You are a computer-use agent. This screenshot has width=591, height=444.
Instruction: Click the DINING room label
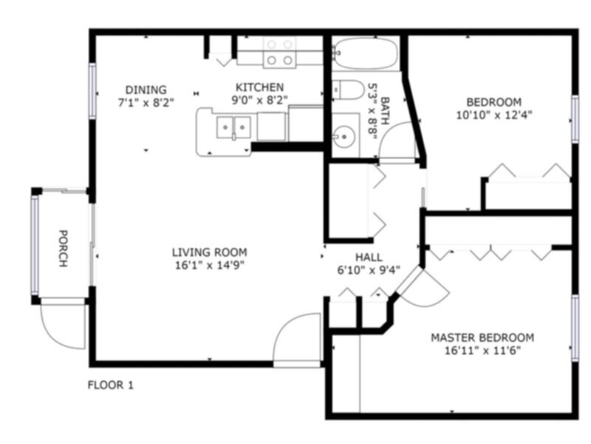146,90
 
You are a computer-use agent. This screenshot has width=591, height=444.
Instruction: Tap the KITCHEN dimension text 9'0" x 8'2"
259,100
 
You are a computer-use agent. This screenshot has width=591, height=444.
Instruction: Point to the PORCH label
64,247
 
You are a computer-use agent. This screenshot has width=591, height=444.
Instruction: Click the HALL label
369,257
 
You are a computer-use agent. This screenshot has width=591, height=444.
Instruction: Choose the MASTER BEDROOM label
482,337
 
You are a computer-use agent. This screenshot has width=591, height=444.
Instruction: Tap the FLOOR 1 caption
111,385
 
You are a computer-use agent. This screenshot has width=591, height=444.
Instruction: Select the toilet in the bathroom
346,90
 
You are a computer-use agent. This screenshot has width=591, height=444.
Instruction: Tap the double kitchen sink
234,127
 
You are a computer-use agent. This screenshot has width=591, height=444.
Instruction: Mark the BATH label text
384,104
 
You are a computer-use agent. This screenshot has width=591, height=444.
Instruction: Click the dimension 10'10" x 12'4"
493,115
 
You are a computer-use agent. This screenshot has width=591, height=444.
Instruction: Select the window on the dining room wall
93,90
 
